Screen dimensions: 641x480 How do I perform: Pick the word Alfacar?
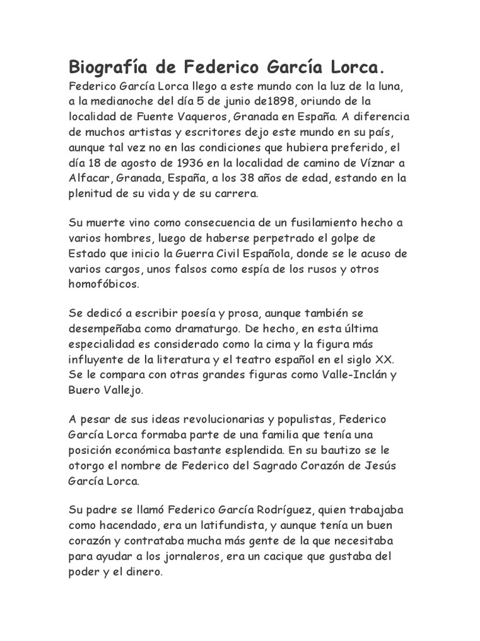click(x=89, y=178)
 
